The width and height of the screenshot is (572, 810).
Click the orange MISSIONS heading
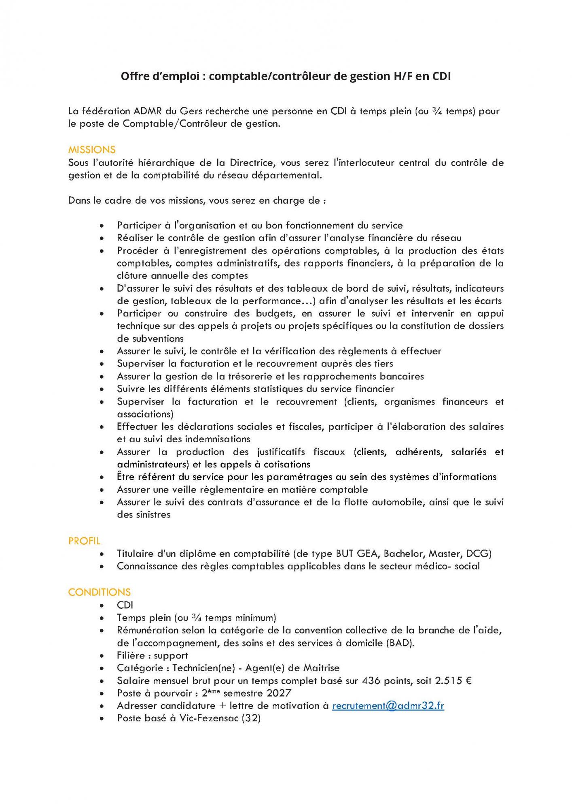click(x=91, y=150)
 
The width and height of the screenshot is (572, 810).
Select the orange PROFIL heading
click(x=84, y=541)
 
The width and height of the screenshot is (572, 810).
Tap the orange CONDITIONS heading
click(x=99, y=592)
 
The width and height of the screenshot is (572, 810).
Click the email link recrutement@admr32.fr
click(x=388, y=706)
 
